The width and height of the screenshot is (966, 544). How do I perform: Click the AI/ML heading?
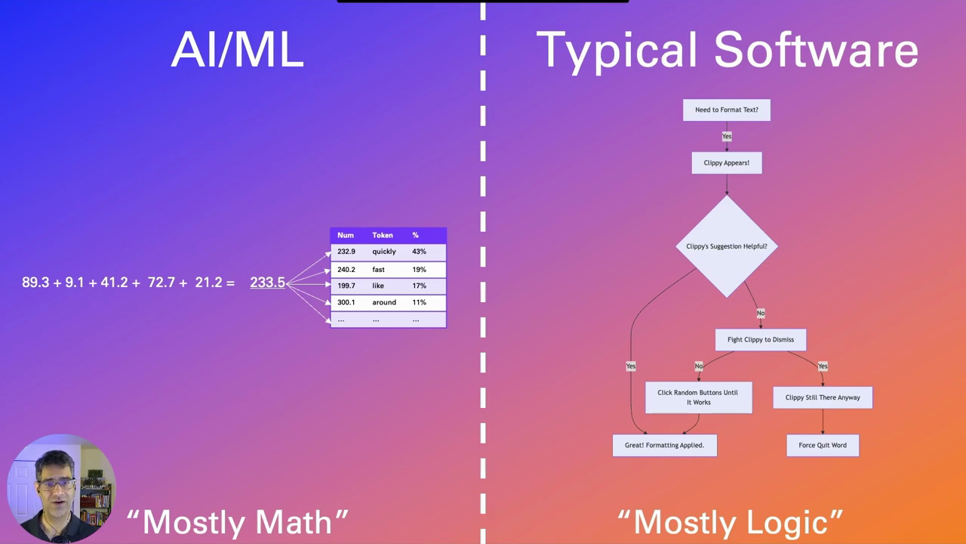coord(238,51)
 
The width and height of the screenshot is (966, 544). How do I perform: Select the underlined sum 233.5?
coord(267,282)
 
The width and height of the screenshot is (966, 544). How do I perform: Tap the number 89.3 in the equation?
coord(35,282)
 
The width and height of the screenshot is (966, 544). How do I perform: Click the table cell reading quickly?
coord(383,252)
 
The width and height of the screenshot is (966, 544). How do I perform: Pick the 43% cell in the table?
coord(419,252)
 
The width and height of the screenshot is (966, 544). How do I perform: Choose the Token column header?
coord(383,235)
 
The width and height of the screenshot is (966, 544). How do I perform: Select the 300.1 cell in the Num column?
coord(346,302)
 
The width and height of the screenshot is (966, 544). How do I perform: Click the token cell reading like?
coord(378,286)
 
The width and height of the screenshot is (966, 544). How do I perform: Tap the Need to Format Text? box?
coord(727,110)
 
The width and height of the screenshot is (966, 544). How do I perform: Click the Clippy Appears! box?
coord(727,162)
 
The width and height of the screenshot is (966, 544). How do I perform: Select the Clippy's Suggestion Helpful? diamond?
coord(727,246)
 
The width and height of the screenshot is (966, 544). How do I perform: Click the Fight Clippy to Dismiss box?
coord(761,339)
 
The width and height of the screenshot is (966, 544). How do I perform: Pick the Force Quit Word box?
coord(823,445)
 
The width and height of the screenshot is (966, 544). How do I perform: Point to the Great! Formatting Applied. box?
coord(664,445)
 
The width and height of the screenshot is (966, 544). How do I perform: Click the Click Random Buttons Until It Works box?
coord(698,397)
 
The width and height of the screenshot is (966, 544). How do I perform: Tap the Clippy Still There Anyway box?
coord(823,397)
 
